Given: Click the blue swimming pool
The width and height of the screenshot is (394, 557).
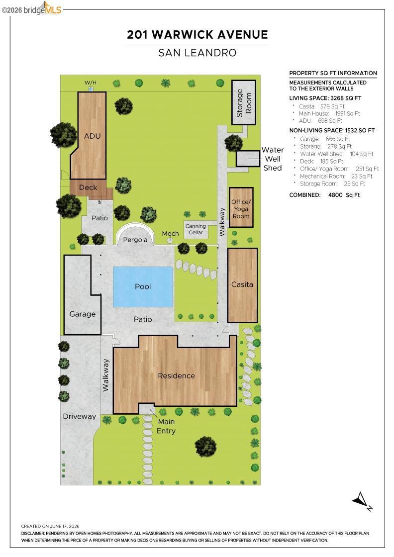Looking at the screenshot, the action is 143,286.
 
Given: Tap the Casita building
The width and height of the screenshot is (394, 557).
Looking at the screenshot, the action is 242,285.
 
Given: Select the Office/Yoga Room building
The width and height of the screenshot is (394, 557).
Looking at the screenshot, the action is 241,207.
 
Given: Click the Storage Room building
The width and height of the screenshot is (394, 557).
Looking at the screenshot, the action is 244,102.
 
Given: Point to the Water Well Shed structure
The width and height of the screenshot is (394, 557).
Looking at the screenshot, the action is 248,159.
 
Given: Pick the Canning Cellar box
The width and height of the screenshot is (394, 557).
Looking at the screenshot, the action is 196,229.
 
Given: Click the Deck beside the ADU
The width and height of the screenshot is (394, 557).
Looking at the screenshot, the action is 91,189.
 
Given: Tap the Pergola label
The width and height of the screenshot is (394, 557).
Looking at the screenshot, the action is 135,240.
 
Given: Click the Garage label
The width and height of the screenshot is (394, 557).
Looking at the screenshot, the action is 83,314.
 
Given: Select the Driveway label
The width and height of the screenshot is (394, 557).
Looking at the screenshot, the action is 79,416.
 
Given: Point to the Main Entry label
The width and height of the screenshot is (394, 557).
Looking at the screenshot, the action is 166,426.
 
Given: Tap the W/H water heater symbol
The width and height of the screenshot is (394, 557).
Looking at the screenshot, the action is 91,89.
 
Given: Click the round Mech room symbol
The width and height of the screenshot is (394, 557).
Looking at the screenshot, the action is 170,241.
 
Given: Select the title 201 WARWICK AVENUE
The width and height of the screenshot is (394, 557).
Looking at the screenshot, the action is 197,34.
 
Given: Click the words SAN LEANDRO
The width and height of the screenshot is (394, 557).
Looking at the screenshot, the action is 197,53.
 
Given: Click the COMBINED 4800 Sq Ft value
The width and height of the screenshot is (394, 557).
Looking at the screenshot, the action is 344,195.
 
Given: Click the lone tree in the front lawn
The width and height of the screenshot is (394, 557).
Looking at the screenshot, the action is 205,447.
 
